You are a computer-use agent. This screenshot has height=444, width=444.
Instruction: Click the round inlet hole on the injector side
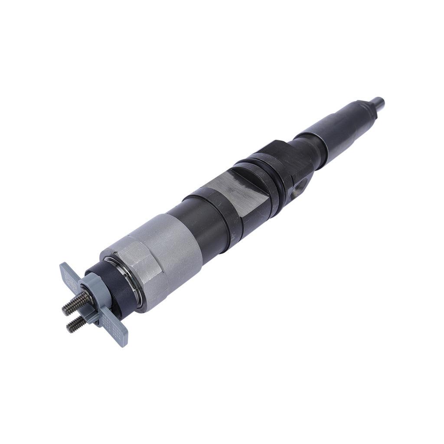pos(304,182)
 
